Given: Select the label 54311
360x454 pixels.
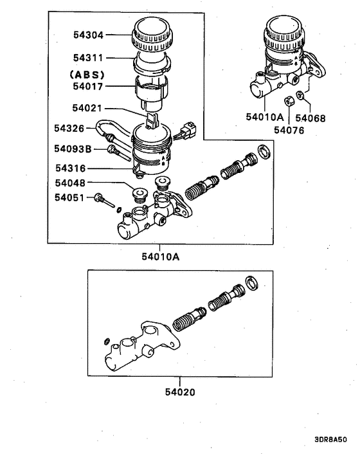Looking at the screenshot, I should click(87, 59).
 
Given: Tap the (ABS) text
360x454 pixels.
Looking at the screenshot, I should click(87, 74).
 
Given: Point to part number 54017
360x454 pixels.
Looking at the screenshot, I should click(87, 84).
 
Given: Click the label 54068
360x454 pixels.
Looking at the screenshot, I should click(327, 118).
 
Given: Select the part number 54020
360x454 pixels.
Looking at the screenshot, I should click(179, 391).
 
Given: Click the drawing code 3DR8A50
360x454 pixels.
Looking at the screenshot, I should click(330, 440).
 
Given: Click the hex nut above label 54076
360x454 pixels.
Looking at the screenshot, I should click(289, 100).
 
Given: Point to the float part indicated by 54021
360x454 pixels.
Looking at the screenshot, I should click(152, 120).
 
